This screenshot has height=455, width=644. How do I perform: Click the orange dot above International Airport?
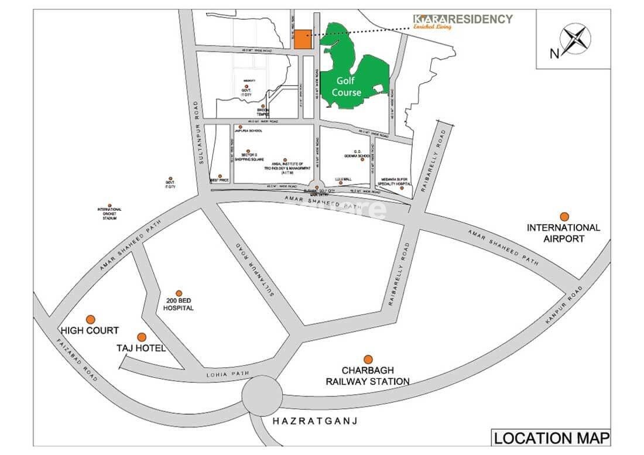[x=564, y=217]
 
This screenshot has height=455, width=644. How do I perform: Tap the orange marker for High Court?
[x=90, y=319]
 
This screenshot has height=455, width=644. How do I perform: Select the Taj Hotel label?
[x=141, y=348]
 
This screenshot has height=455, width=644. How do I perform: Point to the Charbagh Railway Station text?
[x=368, y=376]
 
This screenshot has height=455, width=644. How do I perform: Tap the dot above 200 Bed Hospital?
[x=179, y=293]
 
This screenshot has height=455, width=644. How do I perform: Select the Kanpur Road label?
[x=564, y=306]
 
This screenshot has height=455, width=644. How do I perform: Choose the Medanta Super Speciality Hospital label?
[x=393, y=182]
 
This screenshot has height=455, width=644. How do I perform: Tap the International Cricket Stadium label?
[x=109, y=214]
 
